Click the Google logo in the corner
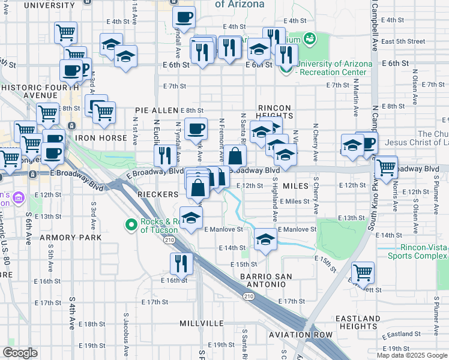point(20,353)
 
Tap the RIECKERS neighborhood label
point(157,194)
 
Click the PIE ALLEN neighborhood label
point(157,110)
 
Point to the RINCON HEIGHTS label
point(274,112)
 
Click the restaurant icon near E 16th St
point(179,262)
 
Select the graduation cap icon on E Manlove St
point(265,239)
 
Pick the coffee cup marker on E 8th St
point(196,128)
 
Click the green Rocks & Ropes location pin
point(131,226)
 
